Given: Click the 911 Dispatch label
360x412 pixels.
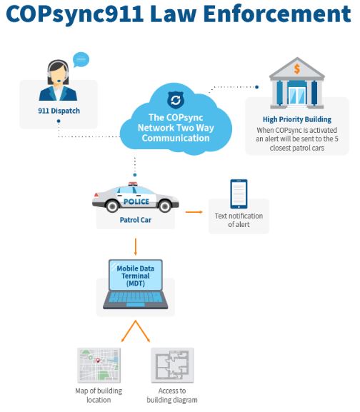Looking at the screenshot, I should pyautogui.click(x=59, y=111).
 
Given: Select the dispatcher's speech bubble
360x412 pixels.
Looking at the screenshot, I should pyautogui.click(x=81, y=60).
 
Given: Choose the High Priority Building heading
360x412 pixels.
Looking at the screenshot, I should pyautogui.click(x=296, y=119).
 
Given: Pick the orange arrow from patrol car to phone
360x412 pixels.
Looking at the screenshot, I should pyautogui.click(x=194, y=211).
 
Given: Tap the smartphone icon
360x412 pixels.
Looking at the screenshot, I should pyautogui.click(x=239, y=194).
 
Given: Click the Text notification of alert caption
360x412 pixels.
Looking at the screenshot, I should pyautogui.click(x=239, y=220).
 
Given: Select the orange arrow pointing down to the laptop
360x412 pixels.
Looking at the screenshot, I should pyautogui.click(x=136, y=247).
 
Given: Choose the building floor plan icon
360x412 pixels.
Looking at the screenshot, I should pyautogui.click(x=173, y=365).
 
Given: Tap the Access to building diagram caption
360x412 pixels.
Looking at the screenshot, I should pyautogui.click(x=173, y=396).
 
